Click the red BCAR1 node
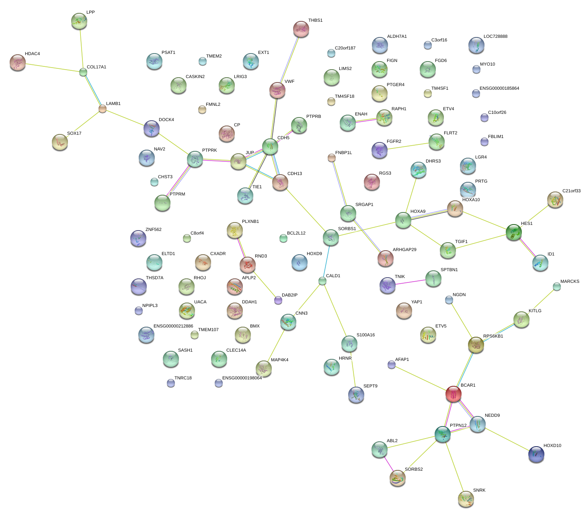[453, 394]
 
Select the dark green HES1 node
[513, 232]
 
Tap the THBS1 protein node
[301, 29]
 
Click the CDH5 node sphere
[270, 146]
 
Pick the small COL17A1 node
[83, 72]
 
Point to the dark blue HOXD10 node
[536, 454]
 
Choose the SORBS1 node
[330, 237]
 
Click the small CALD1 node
[322, 281]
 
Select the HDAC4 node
[17, 62]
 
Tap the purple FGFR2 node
[379, 150]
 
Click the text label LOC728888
[495, 37]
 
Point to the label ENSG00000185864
[499, 89]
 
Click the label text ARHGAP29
[404, 250]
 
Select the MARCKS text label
[569, 282]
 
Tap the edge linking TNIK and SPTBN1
[410, 282]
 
